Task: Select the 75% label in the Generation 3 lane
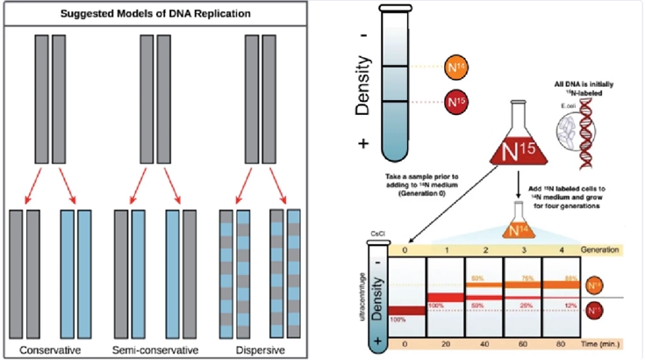[528, 277]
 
